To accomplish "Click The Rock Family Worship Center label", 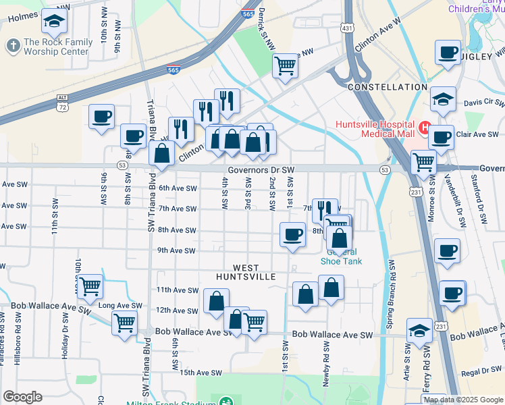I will [57, 47].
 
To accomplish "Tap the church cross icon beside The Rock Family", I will [12, 46].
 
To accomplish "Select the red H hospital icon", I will [425, 126].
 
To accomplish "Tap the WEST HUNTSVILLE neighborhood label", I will [246, 272].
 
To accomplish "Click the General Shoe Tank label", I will [341, 257].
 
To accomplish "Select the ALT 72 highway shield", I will [62, 104].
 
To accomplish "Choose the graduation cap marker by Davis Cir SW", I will [443, 99].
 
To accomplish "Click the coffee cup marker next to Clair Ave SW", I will [441, 138].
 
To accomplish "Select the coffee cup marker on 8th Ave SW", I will [292, 234].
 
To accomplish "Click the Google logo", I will [22, 397].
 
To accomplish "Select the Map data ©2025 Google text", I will [462, 400].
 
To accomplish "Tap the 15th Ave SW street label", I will [201, 373].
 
